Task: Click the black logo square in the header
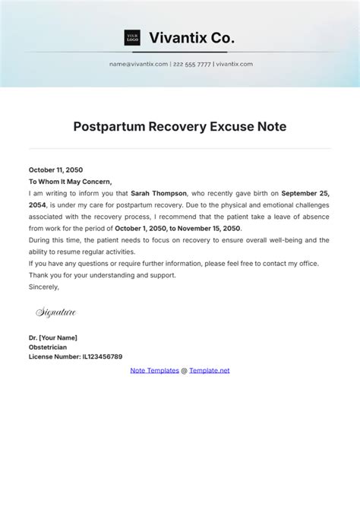pos(132,37)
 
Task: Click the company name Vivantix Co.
pos(191,37)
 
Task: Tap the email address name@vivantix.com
pos(138,64)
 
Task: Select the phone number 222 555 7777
pos(191,64)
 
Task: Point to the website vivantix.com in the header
pos(235,64)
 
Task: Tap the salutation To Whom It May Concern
pos(70,182)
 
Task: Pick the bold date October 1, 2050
pos(147,228)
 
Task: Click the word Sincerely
pos(44,287)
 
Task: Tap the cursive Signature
pos(56,312)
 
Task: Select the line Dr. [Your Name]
pos(53,337)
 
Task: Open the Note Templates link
pos(154,370)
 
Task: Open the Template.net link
pos(209,370)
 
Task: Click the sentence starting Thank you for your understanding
pos(102,275)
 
